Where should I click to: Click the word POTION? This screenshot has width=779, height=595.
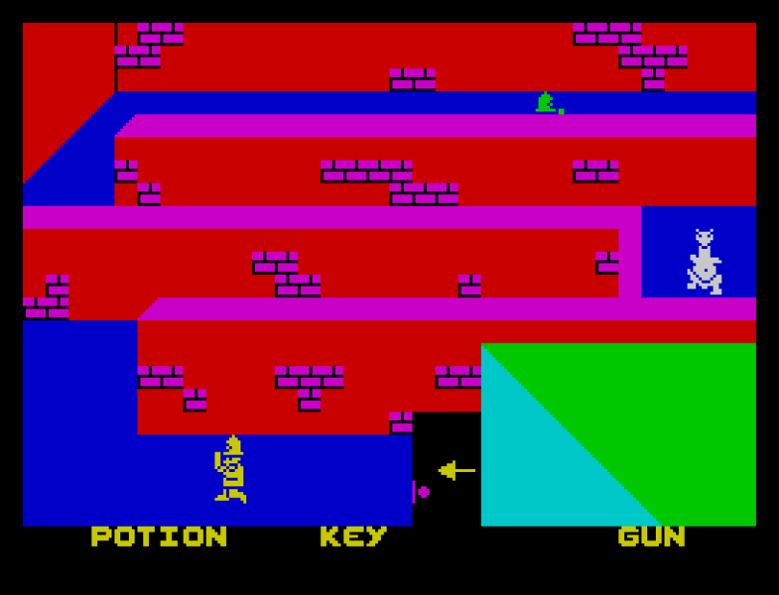tap(159, 536)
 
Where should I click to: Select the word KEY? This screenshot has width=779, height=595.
tap(353, 536)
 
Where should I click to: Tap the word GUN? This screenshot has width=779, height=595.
tap(651, 536)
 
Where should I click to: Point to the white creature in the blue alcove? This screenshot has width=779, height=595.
tap(704, 261)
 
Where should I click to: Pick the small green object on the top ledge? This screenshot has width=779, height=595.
tap(547, 104)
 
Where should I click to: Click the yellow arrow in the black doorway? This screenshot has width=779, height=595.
tap(456, 470)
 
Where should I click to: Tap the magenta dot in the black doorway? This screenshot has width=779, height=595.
tap(423, 491)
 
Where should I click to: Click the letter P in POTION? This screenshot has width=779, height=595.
tap(102, 536)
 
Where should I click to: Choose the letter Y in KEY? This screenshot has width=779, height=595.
tap(376, 536)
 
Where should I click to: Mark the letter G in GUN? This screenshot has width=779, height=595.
tap(629, 536)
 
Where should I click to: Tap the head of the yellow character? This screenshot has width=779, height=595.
tap(233, 444)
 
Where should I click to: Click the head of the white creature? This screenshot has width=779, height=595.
tap(704, 236)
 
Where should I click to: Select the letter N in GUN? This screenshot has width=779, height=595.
tap(674, 536)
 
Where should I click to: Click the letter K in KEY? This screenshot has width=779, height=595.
tap(331, 536)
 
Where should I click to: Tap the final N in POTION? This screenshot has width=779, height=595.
tap(216, 536)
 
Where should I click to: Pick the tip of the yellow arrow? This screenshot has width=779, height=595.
tap(440, 470)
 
